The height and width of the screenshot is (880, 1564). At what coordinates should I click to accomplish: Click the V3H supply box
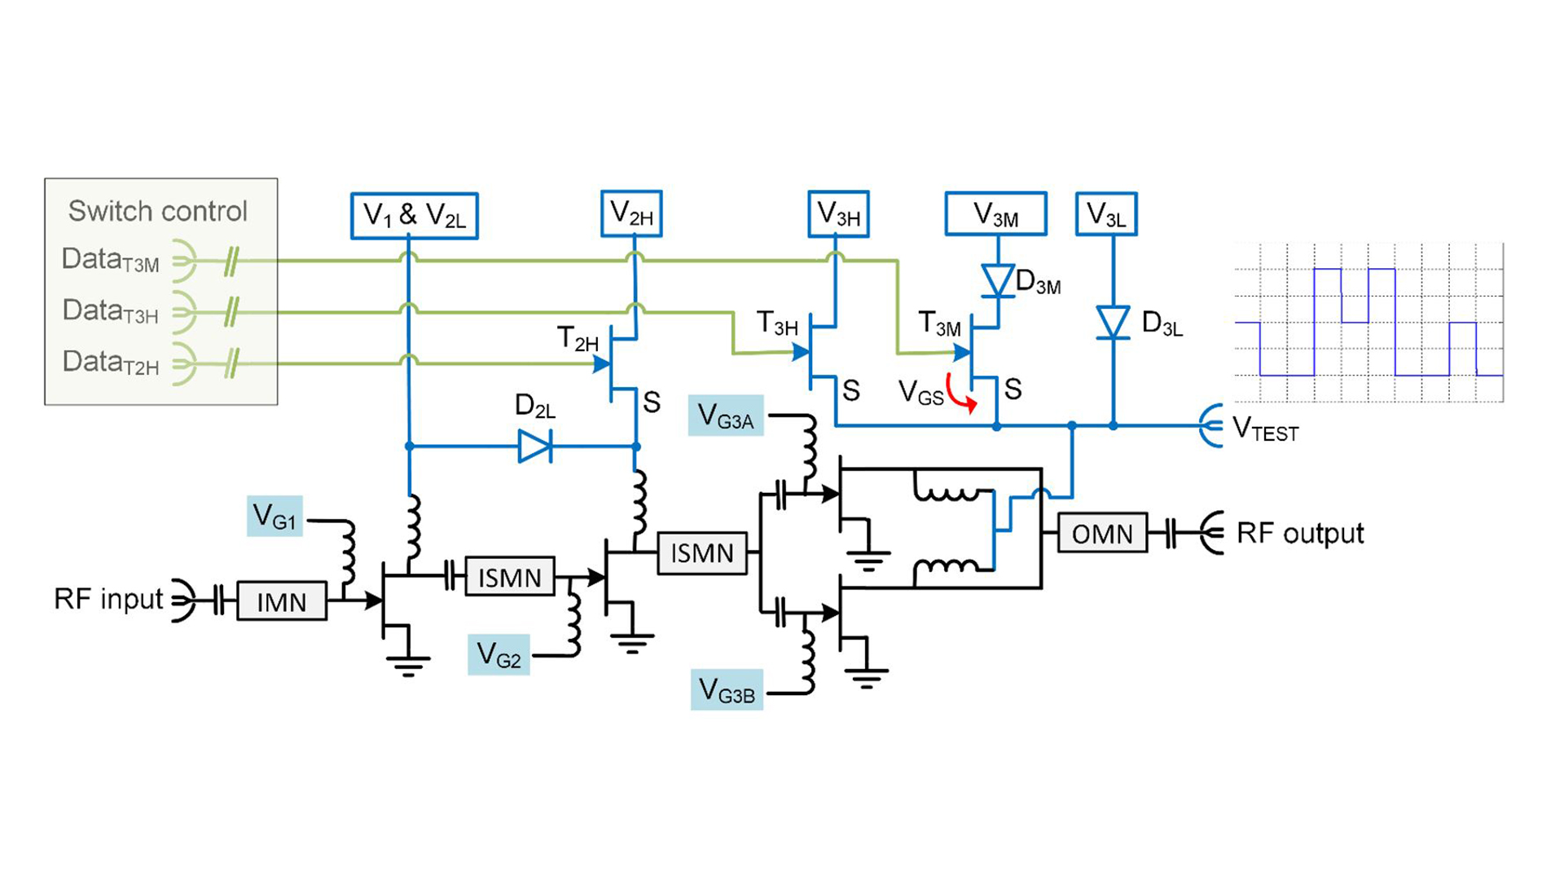click(x=838, y=214)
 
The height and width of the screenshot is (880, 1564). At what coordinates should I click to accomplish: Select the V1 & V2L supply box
click(x=414, y=216)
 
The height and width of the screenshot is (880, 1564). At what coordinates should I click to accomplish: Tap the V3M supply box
click(x=995, y=214)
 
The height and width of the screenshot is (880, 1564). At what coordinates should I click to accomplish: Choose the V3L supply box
click(x=1106, y=214)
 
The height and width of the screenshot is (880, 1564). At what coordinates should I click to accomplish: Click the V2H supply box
click(x=631, y=213)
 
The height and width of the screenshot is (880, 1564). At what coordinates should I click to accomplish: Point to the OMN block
click(x=1102, y=534)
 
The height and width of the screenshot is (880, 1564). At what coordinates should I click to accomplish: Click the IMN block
click(x=282, y=601)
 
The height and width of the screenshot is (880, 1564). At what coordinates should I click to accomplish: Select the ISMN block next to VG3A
click(x=702, y=553)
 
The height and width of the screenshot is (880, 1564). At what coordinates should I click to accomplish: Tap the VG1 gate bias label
click(x=275, y=516)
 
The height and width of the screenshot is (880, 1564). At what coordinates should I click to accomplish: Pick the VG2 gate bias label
click(x=499, y=654)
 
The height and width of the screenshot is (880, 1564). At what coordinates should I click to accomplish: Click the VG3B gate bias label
click(x=727, y=690)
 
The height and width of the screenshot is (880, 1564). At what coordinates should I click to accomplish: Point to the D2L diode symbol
click(x=535, y=447)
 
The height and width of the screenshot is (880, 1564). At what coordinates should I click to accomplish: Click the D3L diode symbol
click(x=1113, y=323)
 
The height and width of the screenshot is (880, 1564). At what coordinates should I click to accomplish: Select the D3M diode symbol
click(x=998, y=281)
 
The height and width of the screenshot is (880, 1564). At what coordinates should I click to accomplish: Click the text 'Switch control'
click(x=157, y=211)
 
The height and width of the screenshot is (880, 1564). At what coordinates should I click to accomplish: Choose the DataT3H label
click(x=110, y=311)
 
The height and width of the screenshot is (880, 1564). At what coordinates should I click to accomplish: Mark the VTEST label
click(x=1265, y=429)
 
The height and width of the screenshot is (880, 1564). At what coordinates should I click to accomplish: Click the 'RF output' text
click(x=1299, y=533)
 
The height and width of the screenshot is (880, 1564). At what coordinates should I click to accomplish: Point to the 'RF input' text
click(x=108, y=599)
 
